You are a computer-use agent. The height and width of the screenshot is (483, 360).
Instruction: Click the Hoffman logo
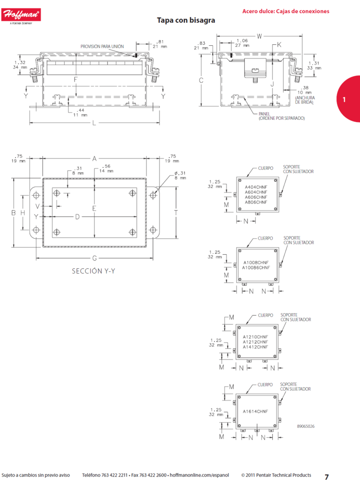(21, 16)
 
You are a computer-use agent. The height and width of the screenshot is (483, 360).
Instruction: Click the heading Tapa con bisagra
(186, 20)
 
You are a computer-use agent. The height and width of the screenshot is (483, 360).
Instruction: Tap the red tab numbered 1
(349, 99)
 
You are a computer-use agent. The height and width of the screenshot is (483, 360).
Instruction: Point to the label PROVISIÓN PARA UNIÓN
(102, 47)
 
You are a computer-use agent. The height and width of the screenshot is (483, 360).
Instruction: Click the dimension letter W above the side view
(259, 36)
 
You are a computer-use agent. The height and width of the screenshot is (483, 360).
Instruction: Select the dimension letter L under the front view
(94, 123)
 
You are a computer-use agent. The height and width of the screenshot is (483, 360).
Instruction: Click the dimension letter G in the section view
(94, 258)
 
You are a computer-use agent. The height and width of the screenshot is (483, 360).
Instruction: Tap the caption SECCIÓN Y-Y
(93, 271)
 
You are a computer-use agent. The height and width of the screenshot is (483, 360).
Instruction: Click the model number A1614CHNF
(255, 411)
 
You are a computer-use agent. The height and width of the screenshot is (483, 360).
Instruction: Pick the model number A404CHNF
(256, 187)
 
